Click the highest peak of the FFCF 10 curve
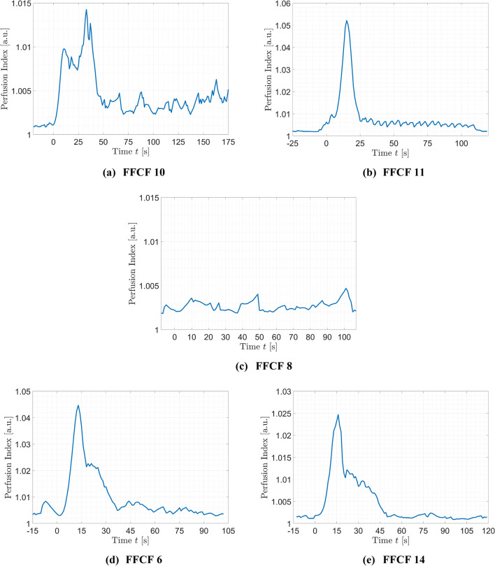[86, 10]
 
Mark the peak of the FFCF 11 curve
[346, 20]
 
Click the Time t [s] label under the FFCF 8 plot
[259, 347]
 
